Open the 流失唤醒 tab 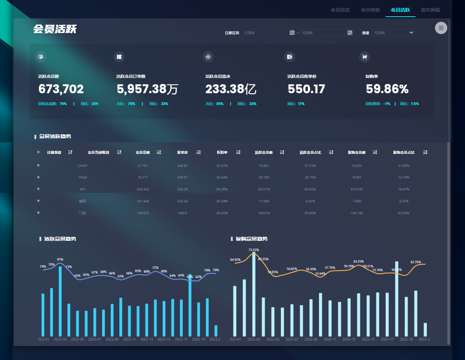pyautogui.click(x=430, y=10)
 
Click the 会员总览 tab pyautogui.click(x=340, y=10)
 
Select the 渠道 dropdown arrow pyautogui.click(x=411, y=33)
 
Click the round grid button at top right pyautogui.click(x=441, y=28)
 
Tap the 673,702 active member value pyautogui.click(x=61, y=89)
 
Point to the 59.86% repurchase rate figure pyautogui.click(x=387, y=89)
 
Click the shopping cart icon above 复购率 pyautogui.click(x=364, y=57)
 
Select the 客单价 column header pyautogui.click(x=182, y=153)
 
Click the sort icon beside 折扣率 pyautogui.click(x=238, y=152)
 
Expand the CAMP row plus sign pyautogui.click(x=38, y=166)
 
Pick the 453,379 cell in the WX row pyautogui.click(x=264, y=189)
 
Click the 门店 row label pyautogui.click(x=82, y=213)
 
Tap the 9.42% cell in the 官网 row pyautogui.click(x=310, y=201)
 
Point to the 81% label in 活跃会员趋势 pyautogui.click(x=60, y=260)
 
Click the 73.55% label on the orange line pyautogui.click(x=254, y=250)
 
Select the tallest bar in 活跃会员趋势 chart pyautogui.click(x=60, y=301)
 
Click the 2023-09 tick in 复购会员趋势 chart pyautogui.click(x=311, y=339)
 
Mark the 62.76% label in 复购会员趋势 pyautogui.click(x=416, y=262)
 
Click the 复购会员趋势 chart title pyautogui.click(x=251, y=239)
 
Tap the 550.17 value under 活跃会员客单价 pyautogui.click(x=306, y=89)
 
